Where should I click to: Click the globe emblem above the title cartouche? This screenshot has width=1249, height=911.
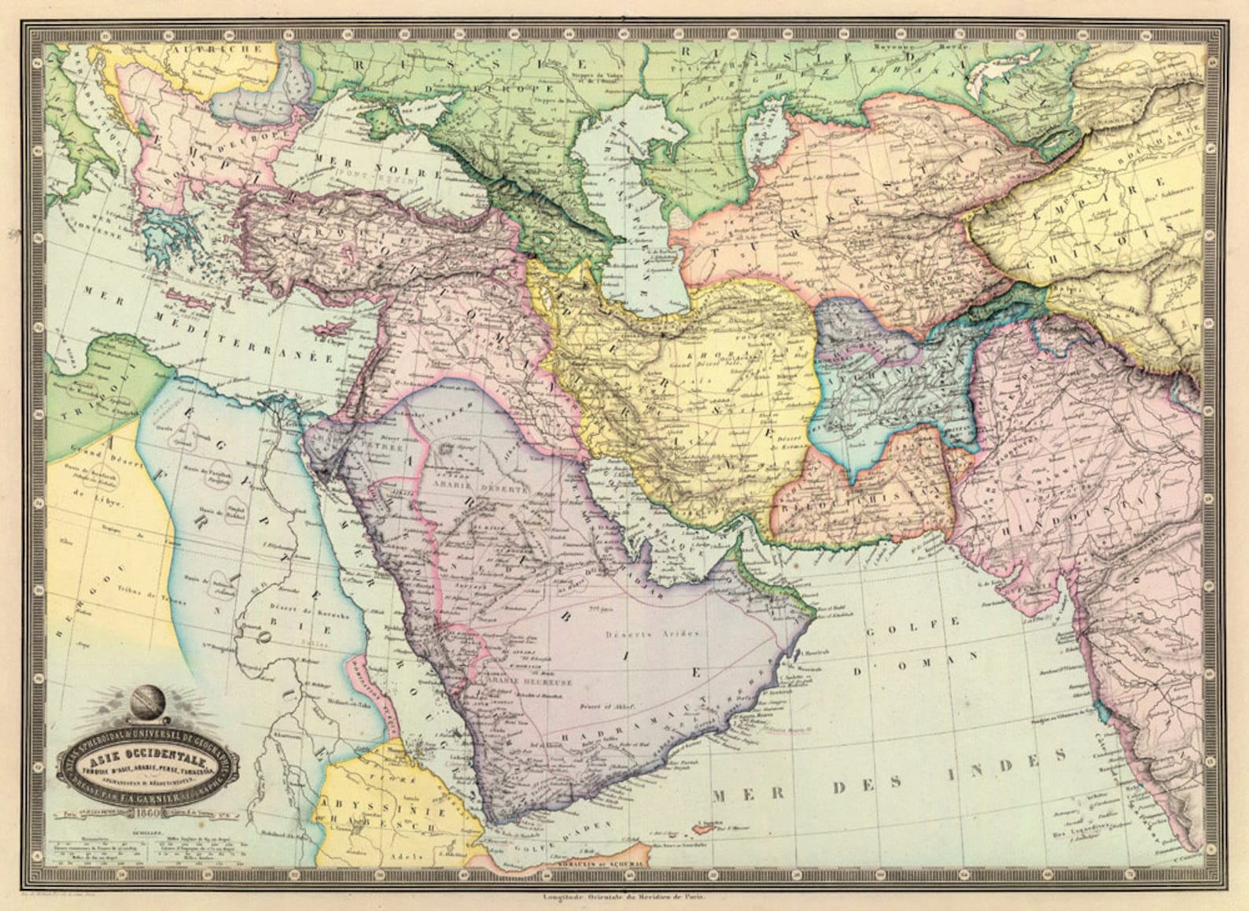[x=146, y=699]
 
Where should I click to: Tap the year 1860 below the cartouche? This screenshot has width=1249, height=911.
[x=149, y=813]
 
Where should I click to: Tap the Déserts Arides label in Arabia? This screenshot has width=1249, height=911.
[x=654, y=633]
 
